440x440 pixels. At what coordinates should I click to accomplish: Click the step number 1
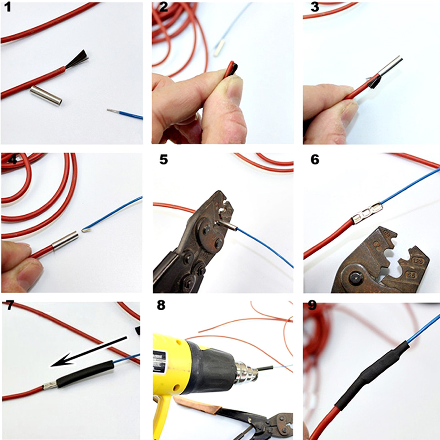point(6,8)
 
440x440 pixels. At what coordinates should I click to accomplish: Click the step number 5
point(163,160)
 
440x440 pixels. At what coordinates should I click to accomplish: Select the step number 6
point(314,160)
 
